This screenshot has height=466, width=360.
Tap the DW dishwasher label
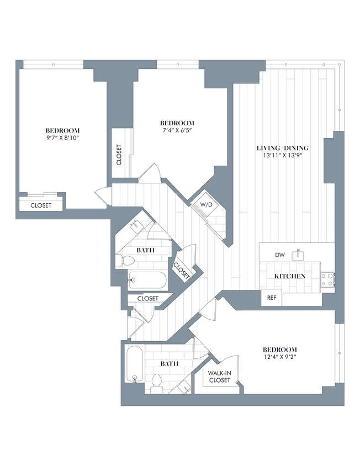point(280,255)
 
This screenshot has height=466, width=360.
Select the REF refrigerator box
point(271,297)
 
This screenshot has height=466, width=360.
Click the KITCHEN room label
point(290,276)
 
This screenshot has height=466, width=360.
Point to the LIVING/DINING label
point(282,148)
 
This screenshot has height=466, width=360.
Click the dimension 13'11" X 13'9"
point(282,156)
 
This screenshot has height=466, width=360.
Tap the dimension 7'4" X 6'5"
point(177,130)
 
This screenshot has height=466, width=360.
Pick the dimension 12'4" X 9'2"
point(279,357)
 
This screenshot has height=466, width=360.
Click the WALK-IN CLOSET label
point(219,377)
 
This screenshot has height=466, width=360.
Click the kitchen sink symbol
point(299,255)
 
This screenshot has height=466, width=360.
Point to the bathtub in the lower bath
point(133,363)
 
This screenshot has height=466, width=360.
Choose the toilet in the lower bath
point(156,382)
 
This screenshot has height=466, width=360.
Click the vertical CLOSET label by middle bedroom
point(119,155)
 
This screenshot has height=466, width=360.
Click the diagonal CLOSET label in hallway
point(181,269)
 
